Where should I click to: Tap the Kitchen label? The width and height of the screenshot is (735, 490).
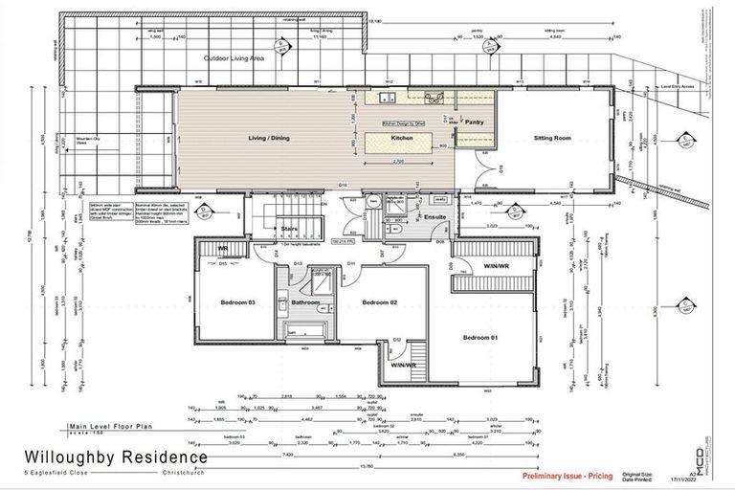point(403,138)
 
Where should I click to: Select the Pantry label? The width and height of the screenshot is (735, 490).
point(475,122)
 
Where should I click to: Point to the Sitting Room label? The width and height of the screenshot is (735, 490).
point(552,138)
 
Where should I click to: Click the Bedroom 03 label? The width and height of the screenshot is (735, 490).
point(238,302)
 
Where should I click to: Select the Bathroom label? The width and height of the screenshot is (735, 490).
point(305,302)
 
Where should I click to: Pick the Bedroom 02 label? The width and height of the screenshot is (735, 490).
point(379,302)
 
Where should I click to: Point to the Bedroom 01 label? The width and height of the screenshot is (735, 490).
point(481,337)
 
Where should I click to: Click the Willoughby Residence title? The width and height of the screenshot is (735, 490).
point(115,457)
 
